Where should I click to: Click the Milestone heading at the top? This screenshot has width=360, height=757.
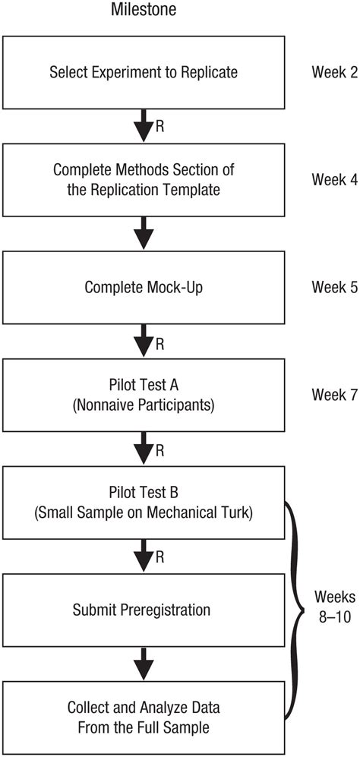(x=143, y=11)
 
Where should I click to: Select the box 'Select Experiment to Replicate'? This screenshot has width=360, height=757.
(x=143, y=74)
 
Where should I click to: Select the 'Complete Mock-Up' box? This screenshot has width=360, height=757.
(x=143, y=288)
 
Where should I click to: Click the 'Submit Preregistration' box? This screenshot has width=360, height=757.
(x=143, y=609)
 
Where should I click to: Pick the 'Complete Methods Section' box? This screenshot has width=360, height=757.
(x=143, y=181)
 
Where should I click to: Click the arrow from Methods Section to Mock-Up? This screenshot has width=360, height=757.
(x=143, y=234)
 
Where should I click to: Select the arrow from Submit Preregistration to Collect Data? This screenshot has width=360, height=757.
(x=143, y=662)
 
